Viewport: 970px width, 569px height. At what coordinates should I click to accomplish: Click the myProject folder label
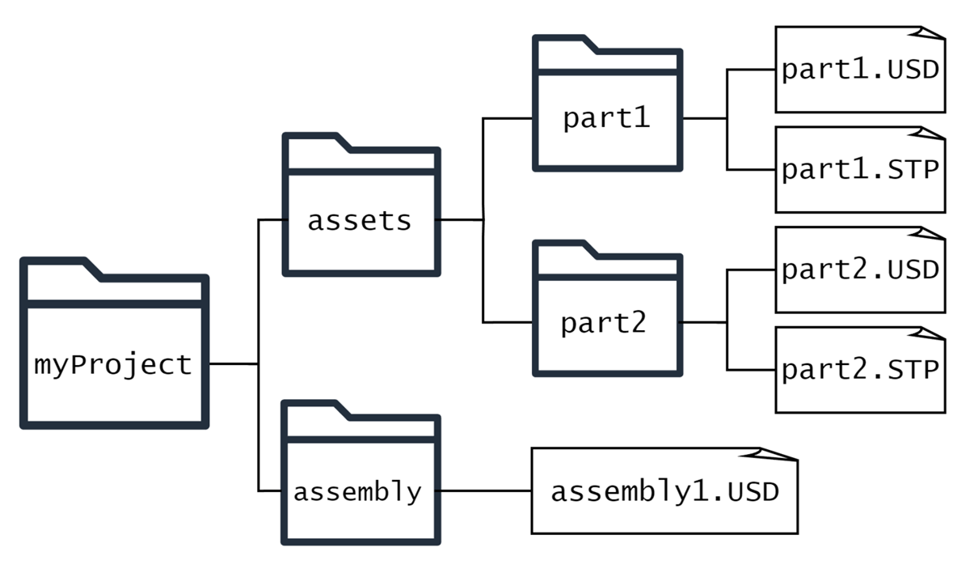113,365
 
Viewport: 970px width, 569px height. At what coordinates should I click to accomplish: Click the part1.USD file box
859,70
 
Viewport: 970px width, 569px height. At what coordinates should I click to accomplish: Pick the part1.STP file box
859,170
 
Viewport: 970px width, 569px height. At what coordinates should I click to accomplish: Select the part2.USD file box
859,270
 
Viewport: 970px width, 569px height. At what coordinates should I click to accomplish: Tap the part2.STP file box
859,370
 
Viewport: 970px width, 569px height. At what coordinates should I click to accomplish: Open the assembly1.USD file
664,491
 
